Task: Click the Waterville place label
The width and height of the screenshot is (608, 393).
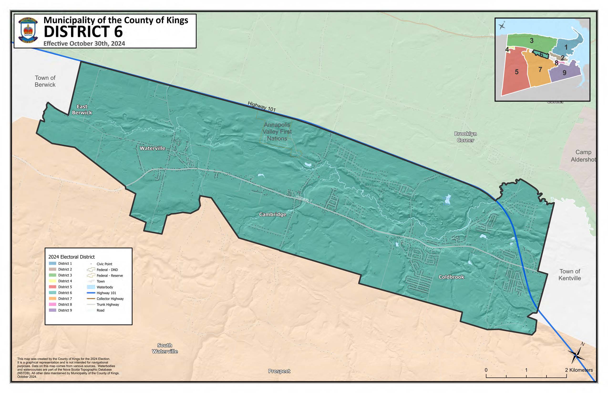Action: (x=152, y=148)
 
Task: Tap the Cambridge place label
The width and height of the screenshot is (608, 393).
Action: (x=272, y=214)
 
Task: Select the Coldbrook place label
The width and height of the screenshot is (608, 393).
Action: (x=451, y=277)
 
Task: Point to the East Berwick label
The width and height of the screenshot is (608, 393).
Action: (x=82, y=110)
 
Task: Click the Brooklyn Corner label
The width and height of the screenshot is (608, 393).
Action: (x=465, y=137)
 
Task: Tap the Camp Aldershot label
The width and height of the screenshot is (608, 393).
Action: (x=583, y=156)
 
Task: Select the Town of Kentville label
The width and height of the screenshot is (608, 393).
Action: (x=569, y=275)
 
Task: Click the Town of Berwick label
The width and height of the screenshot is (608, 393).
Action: (x=45, y=81)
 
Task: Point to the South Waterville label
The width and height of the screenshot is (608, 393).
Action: (x=165, y=348)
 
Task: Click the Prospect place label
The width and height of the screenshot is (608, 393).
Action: (x=279, y=371)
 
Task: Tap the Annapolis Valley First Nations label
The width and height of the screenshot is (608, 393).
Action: (x=277, y=132)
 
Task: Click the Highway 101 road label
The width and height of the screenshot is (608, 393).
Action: (x=262, y=107)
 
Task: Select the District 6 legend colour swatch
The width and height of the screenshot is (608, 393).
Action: (x=52, y=293)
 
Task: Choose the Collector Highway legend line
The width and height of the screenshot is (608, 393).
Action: (x=91, y=299)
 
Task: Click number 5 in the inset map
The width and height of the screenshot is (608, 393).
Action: (x=516, y=72)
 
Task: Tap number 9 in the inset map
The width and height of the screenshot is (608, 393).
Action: (x=564, y=73)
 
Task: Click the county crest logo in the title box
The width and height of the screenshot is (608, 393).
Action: (x=28, y=30)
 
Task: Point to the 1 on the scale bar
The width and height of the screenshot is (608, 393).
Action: (x=526, y=370)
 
